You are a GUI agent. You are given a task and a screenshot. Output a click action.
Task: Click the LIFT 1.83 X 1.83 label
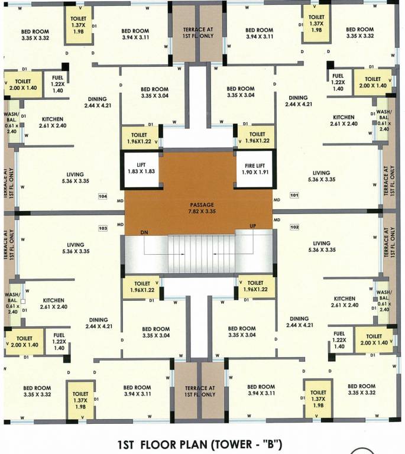pos(141,168)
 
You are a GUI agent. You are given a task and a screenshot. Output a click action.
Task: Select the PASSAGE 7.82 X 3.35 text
pos(198,207)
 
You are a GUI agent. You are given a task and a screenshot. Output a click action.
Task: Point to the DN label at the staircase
pos(144,233)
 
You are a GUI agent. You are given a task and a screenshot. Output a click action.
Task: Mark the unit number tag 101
pos(294,194)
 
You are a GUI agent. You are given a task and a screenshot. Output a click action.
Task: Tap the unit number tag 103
pos(103,227)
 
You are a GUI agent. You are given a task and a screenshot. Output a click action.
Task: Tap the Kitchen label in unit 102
pos(344,302)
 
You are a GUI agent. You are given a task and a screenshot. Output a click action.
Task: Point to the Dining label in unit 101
pos(298,101)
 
